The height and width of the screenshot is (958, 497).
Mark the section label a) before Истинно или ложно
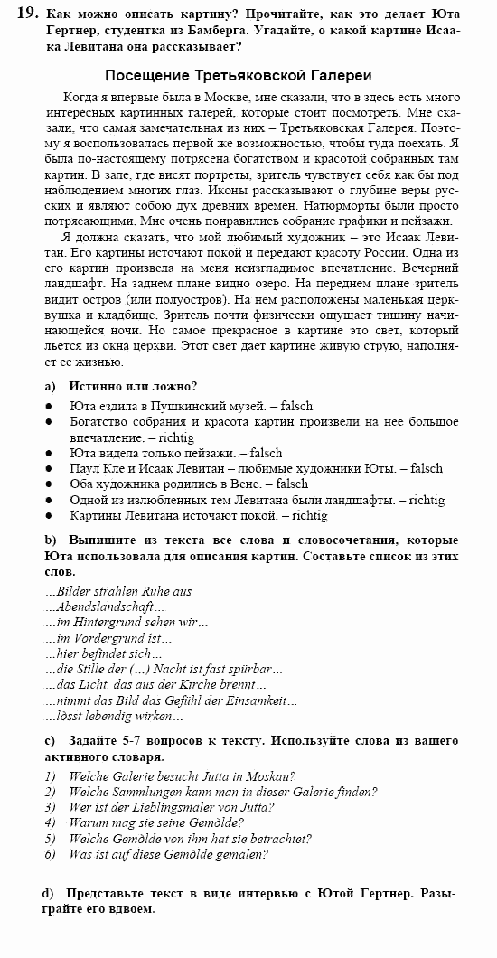pyautogui.click(x=51, y=385)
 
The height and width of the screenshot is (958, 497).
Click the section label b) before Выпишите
pyautogui.click(x=51, y=540)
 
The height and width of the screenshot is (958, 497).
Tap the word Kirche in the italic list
pyautogui.click(x=203, y=685)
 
